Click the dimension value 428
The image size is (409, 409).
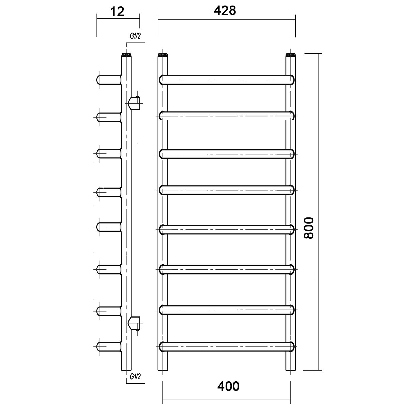point(225,10)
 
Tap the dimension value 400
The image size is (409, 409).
point(228,386)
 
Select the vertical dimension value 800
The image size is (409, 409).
point(309,228)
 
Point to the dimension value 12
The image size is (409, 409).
point(117,11)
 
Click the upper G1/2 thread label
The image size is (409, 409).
point(135,36)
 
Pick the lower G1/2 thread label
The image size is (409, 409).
point(135,376)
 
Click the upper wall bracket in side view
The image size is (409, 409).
point(134,103)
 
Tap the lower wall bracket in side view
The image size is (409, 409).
point(134,323)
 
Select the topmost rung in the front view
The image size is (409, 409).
point(227,80)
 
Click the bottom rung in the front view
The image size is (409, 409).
point(227,347)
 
